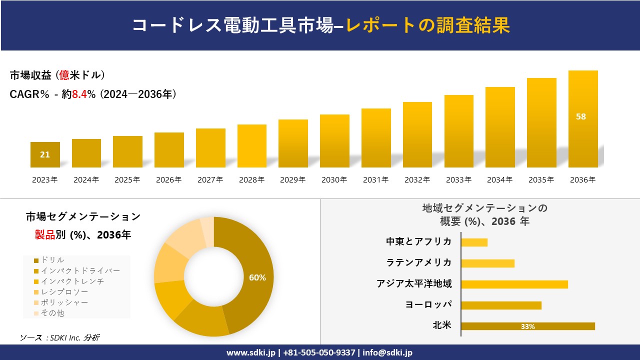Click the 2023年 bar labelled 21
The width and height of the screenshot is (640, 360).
click(45, 154)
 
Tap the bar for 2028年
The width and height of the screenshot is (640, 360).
click(252, 146)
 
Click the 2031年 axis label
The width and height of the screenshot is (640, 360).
click(375, 180)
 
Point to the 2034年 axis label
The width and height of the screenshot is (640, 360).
click(499, 180)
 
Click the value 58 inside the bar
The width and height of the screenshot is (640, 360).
click(581, 117)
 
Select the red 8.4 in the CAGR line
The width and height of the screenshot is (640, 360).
click(79, 94)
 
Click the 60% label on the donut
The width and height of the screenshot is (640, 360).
click(257, 277)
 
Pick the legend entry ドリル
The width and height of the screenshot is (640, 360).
click(52, 260)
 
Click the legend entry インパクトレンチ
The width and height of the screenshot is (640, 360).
click(72, 281)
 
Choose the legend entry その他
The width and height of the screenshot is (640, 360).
click(52, 313)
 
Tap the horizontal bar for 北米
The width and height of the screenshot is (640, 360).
click(528, 326)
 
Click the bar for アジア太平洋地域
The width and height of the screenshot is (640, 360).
click(514, 284)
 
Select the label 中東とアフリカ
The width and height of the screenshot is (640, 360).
click(418, 242)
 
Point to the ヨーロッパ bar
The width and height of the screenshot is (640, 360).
click(501, 305)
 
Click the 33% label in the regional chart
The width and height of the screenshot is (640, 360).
click(528, 326)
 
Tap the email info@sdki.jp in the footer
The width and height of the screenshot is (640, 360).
click(387, 352)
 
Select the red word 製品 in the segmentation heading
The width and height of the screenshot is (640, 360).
click(44, 235)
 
